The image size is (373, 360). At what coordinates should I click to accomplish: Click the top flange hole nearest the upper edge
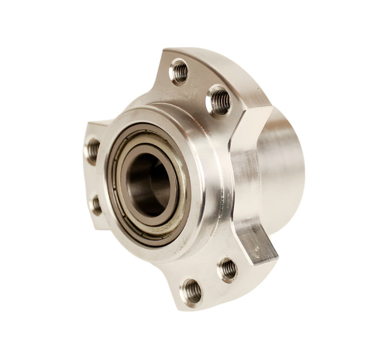coord(179,71)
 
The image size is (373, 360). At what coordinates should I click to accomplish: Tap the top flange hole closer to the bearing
coord(219,99)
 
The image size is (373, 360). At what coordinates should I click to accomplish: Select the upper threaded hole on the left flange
coord(92,150)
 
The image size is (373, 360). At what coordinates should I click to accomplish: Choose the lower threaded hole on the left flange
coord(96,205)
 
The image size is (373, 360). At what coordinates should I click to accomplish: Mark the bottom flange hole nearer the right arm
coord(227,269)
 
